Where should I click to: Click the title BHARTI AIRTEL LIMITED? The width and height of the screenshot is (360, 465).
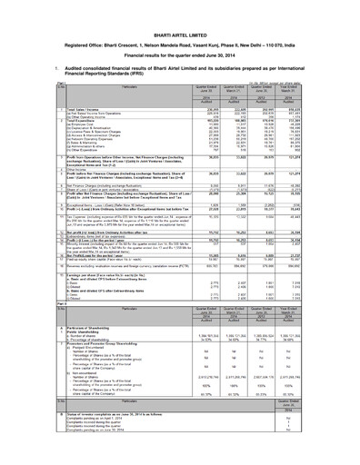coord(180,8)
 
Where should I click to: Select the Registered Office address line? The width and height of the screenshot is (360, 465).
coord(180,20)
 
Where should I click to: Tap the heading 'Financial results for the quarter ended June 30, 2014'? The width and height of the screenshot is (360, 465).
coord(180,33)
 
